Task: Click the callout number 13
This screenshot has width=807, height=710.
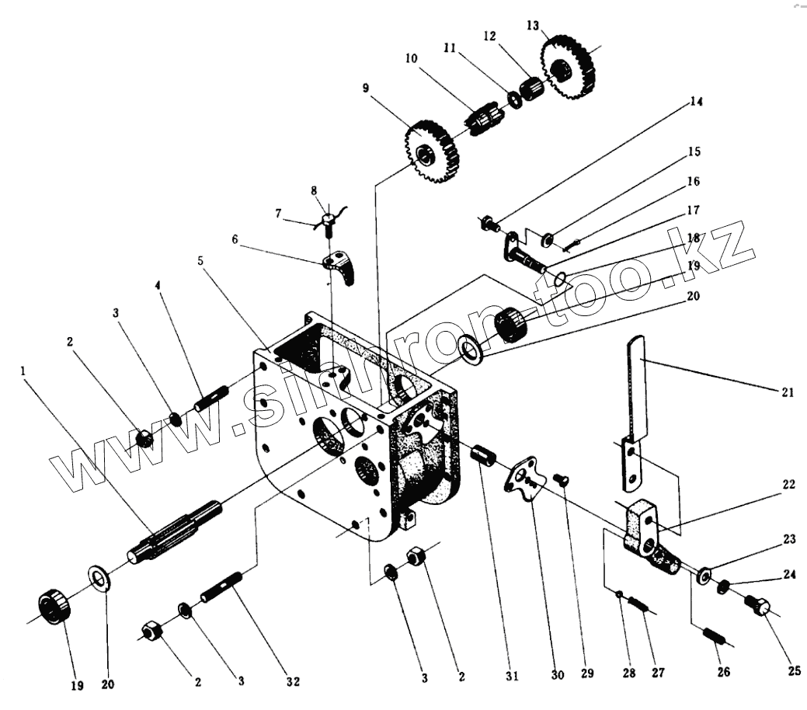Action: click(x=532, y=26)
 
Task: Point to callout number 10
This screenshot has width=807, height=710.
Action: click(x=410, y=58)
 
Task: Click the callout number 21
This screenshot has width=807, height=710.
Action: click(x=787, y=393)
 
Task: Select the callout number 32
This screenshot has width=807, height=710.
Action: click(x=291, y=681)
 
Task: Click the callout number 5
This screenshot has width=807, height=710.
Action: click(x=201, y=261)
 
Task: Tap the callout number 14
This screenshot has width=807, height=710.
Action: click(x=694, y=101)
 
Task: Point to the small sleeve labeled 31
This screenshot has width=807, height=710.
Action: click(x=483, y=453)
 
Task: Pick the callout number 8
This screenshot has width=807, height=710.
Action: click(x=314, y=190)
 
